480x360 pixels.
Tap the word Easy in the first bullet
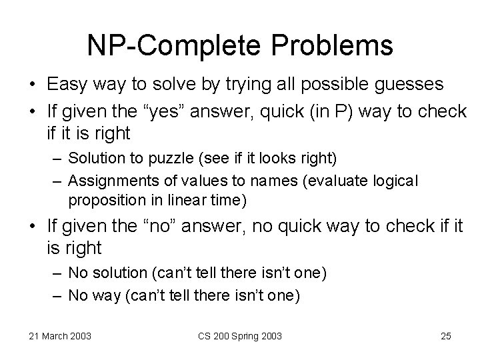[68, 84]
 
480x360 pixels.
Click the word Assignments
[105, 179]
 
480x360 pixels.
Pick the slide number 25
[446, 336]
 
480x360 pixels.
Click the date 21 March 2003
[61, 336]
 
